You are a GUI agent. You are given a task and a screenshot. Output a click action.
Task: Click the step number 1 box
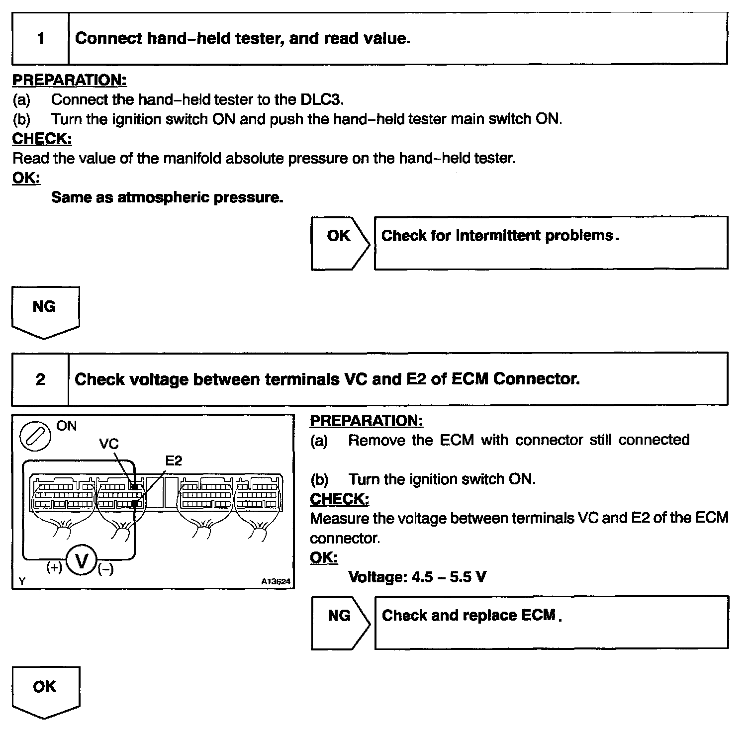point(40,39)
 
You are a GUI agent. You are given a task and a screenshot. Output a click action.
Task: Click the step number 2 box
point(40,379)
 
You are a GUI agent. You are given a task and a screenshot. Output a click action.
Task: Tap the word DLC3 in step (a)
point(321,99)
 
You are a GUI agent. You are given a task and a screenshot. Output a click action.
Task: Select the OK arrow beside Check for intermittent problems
point(340,243)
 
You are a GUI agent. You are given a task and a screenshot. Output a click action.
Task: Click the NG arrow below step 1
point(45,311)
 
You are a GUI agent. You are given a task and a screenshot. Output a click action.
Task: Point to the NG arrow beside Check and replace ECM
point(340,622)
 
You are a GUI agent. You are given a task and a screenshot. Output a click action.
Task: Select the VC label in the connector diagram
point(109,444)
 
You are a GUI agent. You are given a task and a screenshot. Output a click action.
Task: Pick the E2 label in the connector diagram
point(174,461)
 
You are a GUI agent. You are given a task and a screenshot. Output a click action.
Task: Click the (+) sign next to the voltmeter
point(54,567)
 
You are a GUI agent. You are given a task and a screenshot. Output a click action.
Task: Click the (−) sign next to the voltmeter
point(105,568)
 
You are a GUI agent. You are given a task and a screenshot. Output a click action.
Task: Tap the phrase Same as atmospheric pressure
point(167,197)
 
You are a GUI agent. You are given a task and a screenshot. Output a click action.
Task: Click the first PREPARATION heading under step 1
point(69,80)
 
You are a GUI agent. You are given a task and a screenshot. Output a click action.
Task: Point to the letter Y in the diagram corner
point(21,581)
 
